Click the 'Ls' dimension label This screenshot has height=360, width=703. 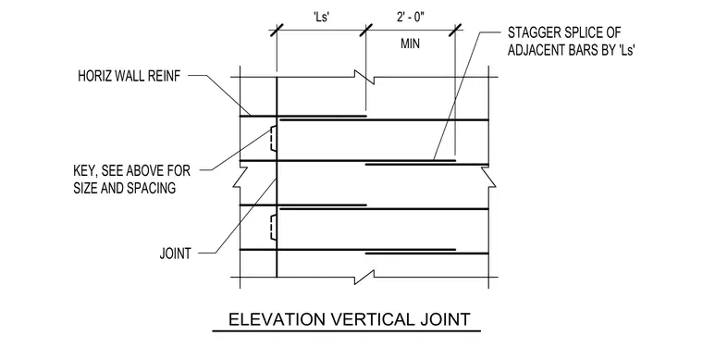(322, 18)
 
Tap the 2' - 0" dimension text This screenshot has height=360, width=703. (410, 18)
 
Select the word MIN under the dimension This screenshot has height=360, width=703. (410, 43)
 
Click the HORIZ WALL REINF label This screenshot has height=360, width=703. (129, 76)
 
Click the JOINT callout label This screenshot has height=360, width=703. (176, 254)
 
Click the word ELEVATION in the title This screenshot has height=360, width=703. (277, 319)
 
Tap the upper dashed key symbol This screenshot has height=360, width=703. (272, 138)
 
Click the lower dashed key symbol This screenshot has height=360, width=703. (272, 228)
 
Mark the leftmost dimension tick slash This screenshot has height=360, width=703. (277, 31)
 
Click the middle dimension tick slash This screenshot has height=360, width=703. (366, 31)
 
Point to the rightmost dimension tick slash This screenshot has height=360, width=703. (455, 31)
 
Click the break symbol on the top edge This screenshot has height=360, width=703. (365, 78)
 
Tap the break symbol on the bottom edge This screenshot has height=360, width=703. (365, 277)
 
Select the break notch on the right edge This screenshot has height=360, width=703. (488, 177)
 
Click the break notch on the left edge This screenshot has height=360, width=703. (240, 177)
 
